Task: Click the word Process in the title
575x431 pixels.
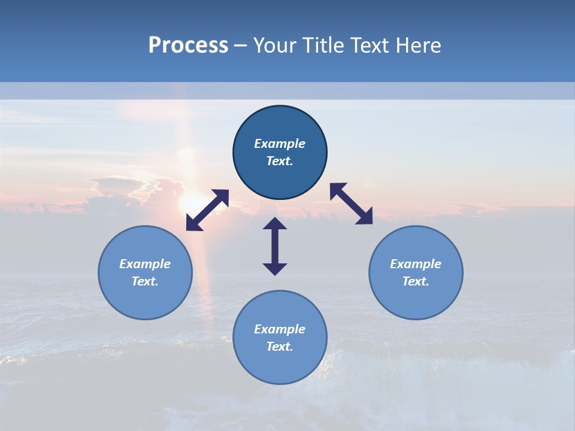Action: coord(188,45)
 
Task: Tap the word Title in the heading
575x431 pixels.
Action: coord(325,45)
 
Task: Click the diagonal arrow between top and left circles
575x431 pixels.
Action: coord(207,210)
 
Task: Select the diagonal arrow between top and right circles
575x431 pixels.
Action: coord(352,204)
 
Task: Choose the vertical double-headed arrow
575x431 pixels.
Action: coord(275,246)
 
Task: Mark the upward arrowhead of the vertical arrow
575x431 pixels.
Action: coord(275,223)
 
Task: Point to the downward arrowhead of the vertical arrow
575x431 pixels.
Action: coord(275,269)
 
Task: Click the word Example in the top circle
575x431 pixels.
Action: coord(280,144)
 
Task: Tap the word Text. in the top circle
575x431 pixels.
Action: coord(280,161)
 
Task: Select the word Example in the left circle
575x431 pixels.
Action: coord(145,264)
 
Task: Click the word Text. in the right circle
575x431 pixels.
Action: coord(416,281)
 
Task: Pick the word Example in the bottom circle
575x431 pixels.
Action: coord(280,329)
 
